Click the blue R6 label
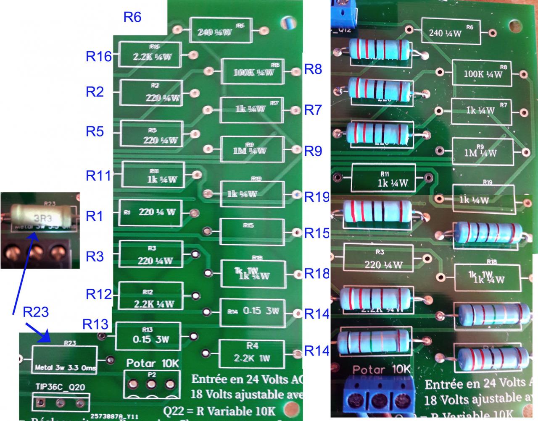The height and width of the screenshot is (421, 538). (132, 17)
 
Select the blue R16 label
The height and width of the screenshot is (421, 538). (99, 57)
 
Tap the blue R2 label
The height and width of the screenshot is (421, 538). (95, 92)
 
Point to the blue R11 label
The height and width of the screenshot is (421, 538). (99, 175)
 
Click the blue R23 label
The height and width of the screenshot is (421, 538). (36, 312)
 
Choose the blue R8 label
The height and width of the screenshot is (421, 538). (313, 69)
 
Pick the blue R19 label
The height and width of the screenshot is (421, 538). (316, 196)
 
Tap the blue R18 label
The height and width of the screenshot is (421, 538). (316, 273)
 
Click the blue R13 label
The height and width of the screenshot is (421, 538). (95, 324)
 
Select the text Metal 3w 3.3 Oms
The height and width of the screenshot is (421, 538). (65, 368)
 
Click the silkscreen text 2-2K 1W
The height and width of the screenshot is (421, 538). (252, 359)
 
